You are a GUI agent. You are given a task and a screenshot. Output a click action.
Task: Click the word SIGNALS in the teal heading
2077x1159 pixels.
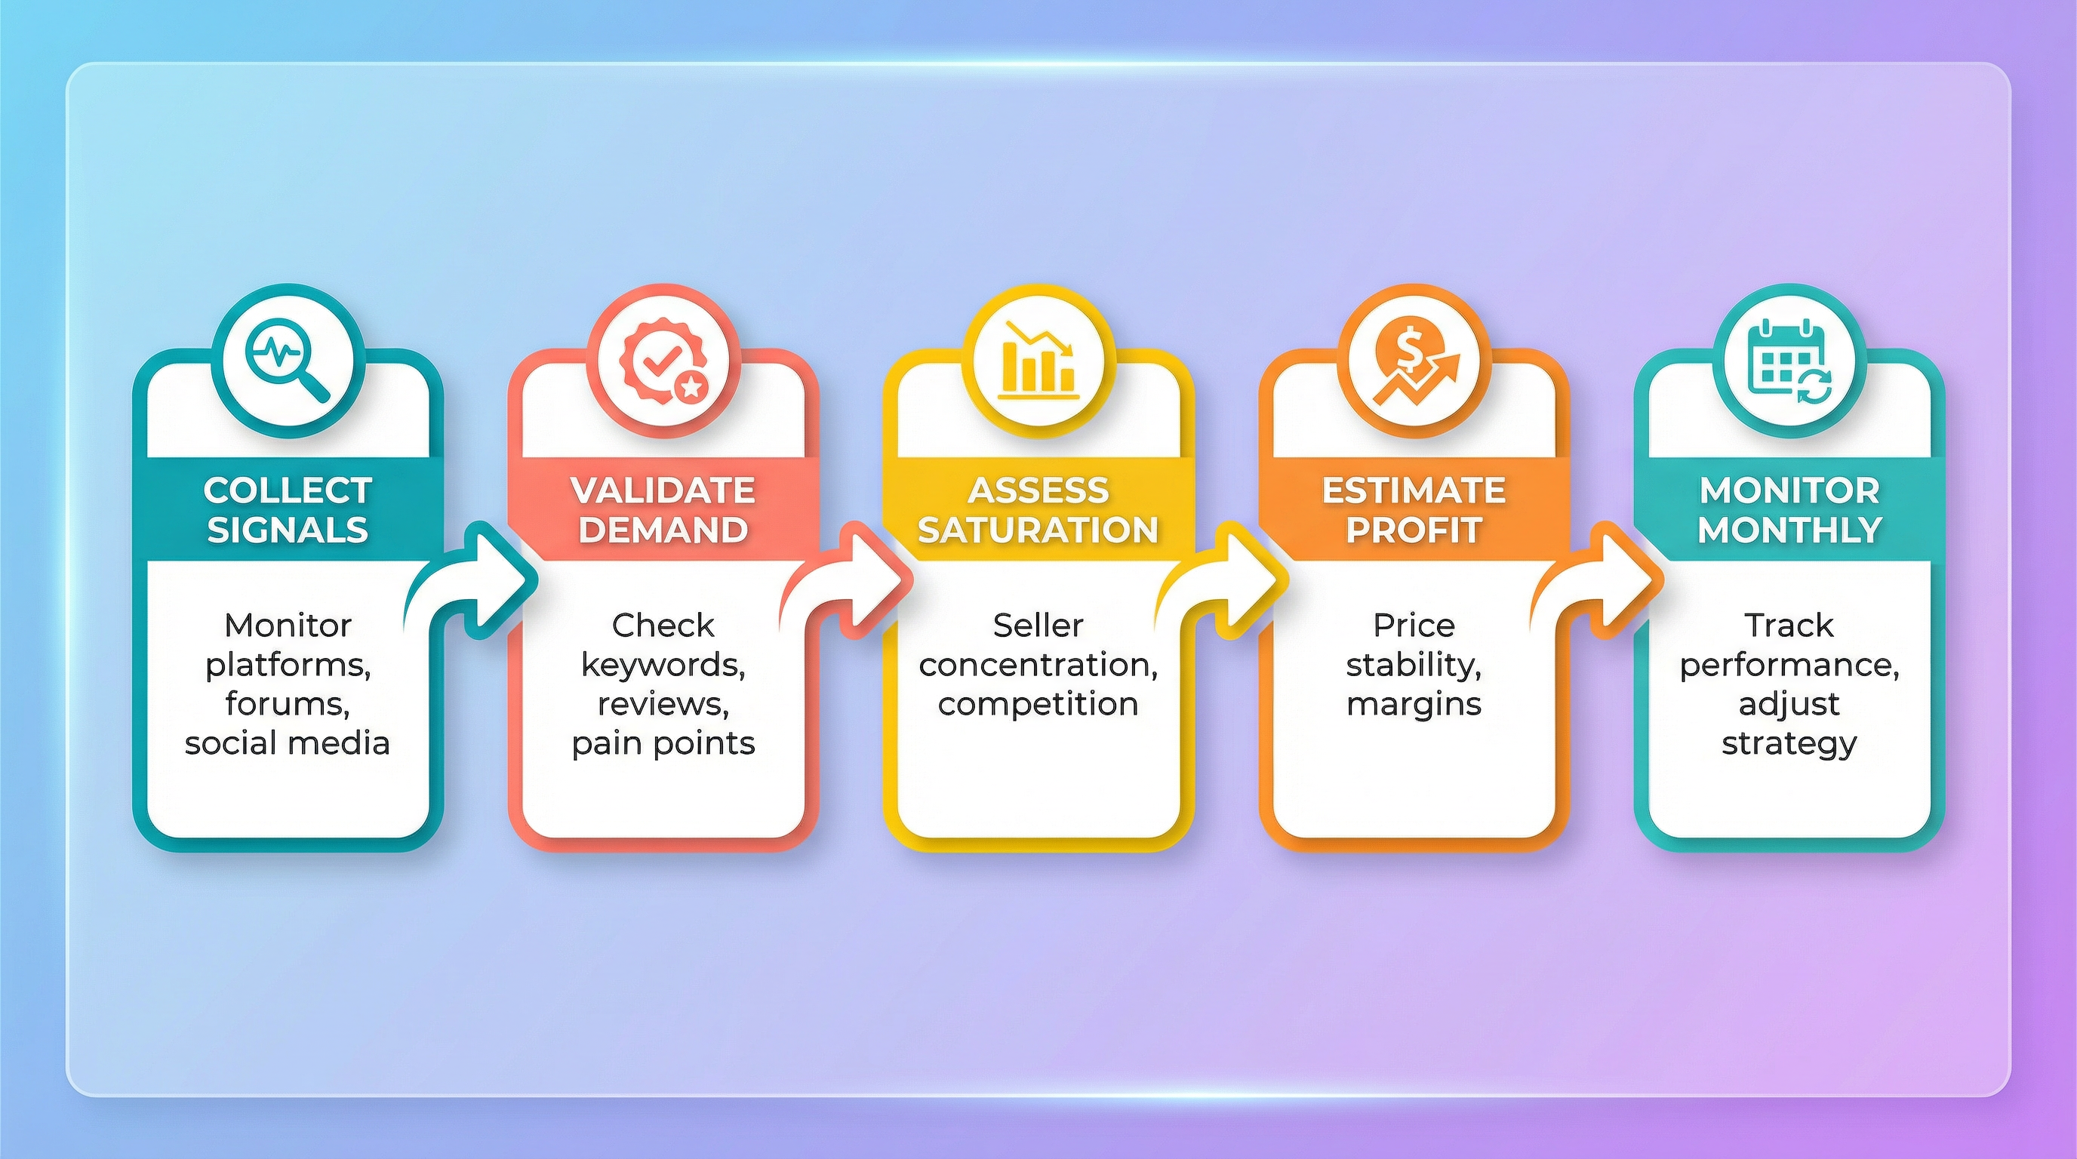(x=288, y=530)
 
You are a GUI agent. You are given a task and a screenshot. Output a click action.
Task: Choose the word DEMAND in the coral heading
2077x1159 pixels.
(x=663, y=530)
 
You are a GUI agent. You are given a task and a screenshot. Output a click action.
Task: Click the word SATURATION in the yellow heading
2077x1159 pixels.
(x=1038, y=530)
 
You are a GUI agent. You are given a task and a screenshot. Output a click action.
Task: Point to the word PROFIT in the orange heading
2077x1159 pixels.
(x=1414, y=530)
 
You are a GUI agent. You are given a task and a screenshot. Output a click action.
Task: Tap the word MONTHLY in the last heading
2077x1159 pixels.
(x=1789, y=530)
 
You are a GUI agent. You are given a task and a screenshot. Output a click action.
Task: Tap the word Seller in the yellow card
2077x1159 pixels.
(x=1038, y=626)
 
